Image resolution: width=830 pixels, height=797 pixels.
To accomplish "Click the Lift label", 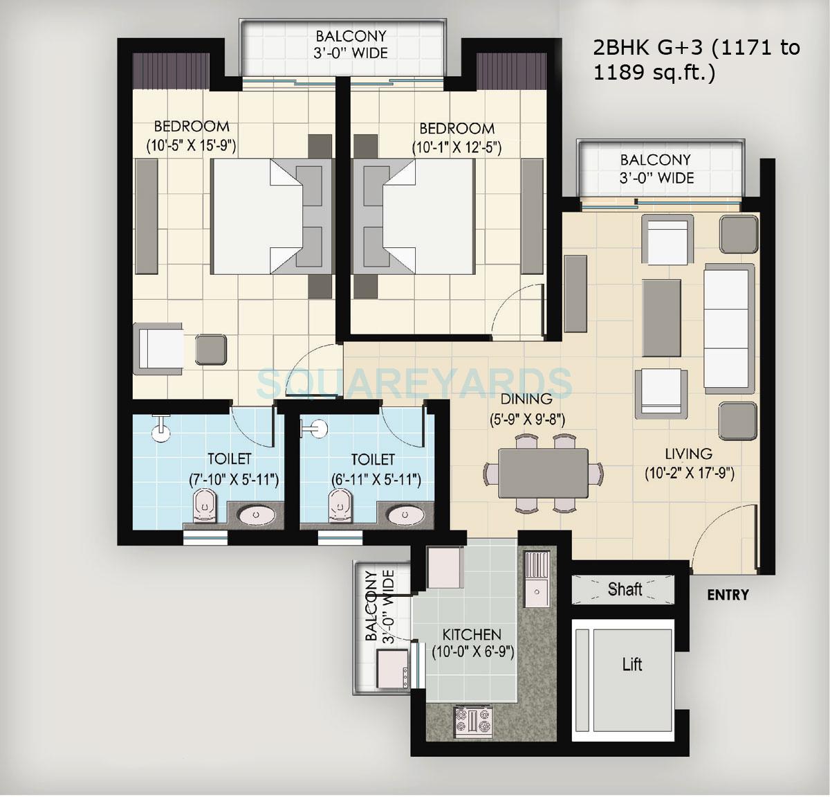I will pyautogui.click(x=632, y=665).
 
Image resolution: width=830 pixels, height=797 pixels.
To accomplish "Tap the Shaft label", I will pyautogui.click(x=625, y=589).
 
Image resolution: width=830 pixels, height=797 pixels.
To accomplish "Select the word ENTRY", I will pyautogui.click(x=728, y=594).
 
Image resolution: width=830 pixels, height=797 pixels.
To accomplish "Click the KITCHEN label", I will pyautogui.click(x=472, y=634).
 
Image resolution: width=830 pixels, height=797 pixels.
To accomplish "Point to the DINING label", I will pyautogui.click(x=527, y=399).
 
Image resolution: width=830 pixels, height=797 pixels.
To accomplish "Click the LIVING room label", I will pyautogui.click(x=688, y=454).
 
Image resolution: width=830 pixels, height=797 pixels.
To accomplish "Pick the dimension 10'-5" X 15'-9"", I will pyautogui.click(x=192, y=145).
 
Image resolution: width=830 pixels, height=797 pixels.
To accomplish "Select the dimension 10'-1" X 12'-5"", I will pyautogui.click(x=456, y=147).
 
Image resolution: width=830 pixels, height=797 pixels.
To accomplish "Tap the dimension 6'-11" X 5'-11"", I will pyautogui.click(x=373, y=479).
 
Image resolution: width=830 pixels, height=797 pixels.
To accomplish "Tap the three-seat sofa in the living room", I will pyautogui.click(x=727, y=328).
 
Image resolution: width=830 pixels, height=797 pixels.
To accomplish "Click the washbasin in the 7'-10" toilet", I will pyautogui.click(x=257, y=516).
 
